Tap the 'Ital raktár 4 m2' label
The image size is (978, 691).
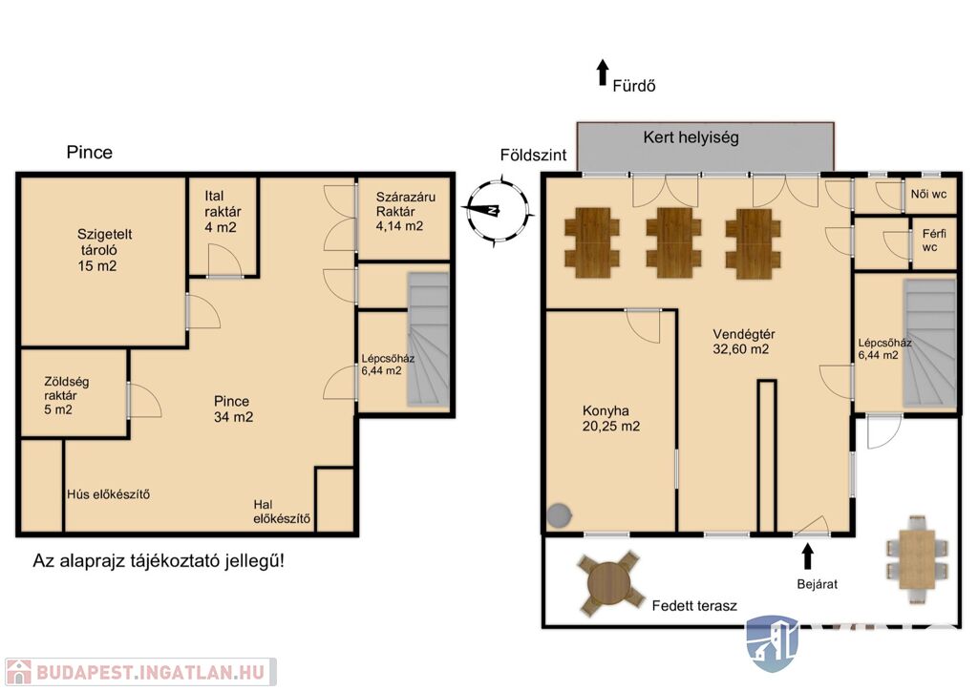[222, 212]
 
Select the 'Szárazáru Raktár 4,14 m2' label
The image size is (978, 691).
[405, 212]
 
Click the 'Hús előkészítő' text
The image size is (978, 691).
[109, 494]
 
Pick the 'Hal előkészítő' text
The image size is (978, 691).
[282, 512]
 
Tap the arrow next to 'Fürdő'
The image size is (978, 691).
[602, 73]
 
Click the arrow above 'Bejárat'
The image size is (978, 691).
[807, 556]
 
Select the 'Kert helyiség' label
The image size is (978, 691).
[691, 137]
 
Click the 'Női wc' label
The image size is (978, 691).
[928, 194]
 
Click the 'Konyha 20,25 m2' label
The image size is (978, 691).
[610, 419]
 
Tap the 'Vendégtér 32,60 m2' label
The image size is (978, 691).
[743, 342]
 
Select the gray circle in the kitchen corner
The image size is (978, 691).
[560, 514]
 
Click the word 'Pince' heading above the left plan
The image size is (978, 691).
[90, 153]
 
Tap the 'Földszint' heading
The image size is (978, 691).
[533, 156]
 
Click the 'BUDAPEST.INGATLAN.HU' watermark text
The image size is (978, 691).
[150, 672]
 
